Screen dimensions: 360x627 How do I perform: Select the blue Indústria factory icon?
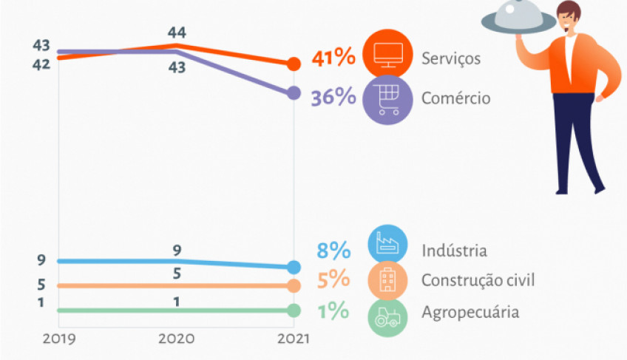pos(387,244)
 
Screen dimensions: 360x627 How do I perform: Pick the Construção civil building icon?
pos(387,281)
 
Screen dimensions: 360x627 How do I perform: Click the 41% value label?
pos(333,58)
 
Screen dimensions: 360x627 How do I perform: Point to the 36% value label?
pos(333,98)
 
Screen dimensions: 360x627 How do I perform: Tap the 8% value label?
pos(333,251)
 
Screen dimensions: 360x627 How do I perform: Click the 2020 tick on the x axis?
pos(176,338)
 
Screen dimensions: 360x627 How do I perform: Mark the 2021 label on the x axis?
pos(294,338)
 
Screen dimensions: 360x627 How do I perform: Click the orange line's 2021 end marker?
pos(294,64)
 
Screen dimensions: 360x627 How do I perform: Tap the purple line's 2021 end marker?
pos(294,93)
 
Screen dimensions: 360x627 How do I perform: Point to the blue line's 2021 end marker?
pos(294,267)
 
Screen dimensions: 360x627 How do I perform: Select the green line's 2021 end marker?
pos(294,310)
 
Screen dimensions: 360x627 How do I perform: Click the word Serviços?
pos(451,58)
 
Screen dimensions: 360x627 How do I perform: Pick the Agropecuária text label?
pos(470,312)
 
